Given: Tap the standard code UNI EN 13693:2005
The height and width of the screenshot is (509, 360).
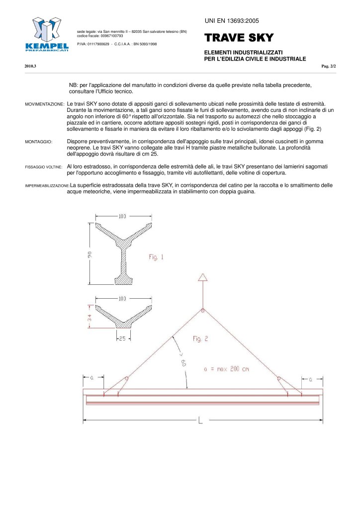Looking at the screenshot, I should click(x=232, y=20).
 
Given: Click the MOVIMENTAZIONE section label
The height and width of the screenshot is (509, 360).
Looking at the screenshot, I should click(x=44, y=104).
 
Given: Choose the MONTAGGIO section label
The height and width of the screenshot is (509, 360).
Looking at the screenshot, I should click(x=38, y=142).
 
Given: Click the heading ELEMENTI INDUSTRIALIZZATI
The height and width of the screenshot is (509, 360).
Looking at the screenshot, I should click(x=244, y=52).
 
